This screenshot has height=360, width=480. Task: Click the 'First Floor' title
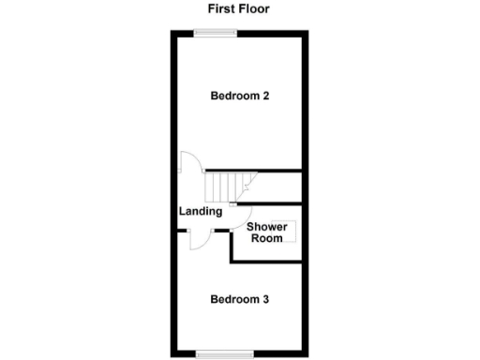[239, 9]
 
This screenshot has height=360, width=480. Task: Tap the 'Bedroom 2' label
[240, 96]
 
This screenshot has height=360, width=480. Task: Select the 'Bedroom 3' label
[239, 300]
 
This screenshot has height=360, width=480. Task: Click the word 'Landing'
[201, 211]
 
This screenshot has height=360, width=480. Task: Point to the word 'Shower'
[266, 226]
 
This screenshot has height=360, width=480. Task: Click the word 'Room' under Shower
[266, 238]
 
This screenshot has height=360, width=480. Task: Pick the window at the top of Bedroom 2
[216, 33]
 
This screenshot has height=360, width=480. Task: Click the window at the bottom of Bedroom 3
[225, 352]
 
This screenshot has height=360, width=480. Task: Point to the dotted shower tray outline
[290, 231]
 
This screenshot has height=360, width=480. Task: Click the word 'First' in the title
[223, 9]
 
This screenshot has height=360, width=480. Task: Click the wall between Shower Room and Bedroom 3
[267, 262]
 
